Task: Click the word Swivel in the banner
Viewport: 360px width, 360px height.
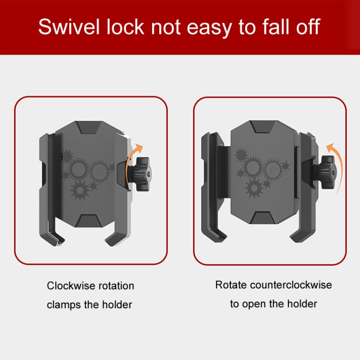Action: click(69, 26)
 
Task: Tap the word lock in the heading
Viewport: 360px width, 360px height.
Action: click(125, 26)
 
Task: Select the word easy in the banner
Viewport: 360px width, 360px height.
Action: click(209, 29)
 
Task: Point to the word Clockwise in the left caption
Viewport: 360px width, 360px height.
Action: click(71, 286)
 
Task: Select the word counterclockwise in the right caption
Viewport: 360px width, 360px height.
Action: click(291, 285)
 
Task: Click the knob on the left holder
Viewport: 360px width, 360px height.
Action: click(140, 174)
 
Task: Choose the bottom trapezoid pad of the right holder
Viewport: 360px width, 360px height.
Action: click(263, 218)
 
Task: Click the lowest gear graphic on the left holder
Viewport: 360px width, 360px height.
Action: click(80, 191)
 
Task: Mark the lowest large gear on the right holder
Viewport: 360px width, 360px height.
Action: click(254, 188)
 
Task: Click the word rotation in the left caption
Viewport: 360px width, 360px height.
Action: click(117, 286)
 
